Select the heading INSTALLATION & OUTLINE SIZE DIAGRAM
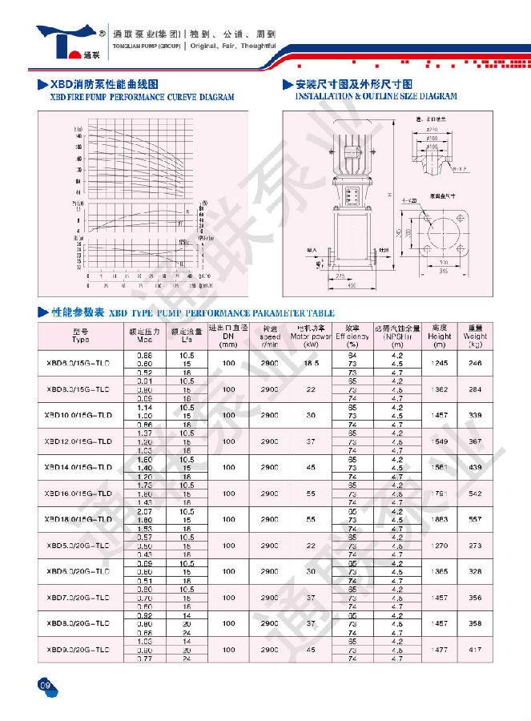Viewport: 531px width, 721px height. (x=376, y=96)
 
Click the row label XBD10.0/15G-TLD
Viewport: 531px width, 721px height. (x=80, y=416)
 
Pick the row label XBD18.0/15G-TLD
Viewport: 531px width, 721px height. (x=80, y=519)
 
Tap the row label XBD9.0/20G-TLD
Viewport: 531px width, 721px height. (x=80, y=649)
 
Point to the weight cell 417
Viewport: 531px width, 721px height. (x=476, y=649)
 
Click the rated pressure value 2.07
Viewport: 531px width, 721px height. (x=145, y=511)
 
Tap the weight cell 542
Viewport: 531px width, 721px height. (x=476, y=493)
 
